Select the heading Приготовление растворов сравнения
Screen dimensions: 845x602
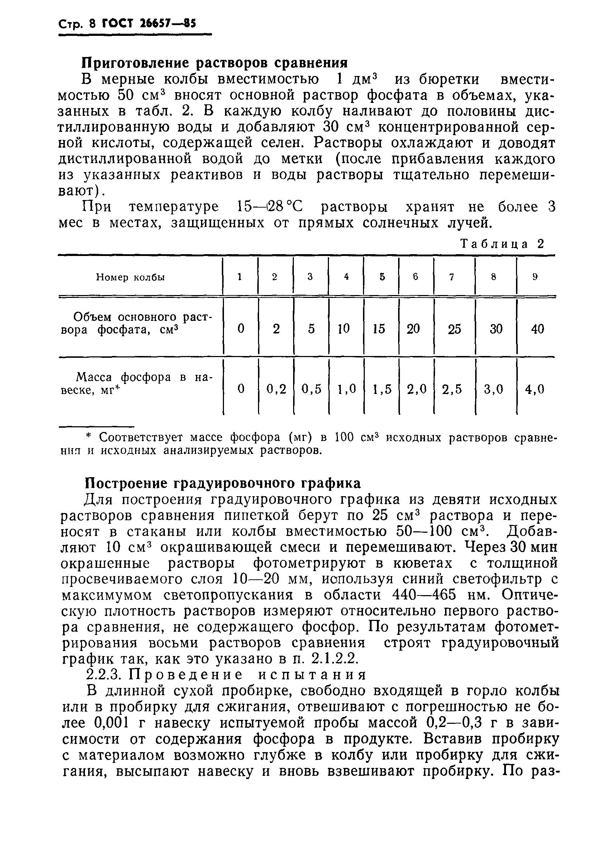pos(214,63)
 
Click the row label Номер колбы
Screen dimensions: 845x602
pos(130,277)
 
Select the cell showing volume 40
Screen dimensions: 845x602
pos(537,328)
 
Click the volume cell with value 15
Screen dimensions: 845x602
pos(379,328)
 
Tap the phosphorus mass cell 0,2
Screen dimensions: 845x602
pos(277,389)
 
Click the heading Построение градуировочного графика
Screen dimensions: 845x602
pos(223,484)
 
